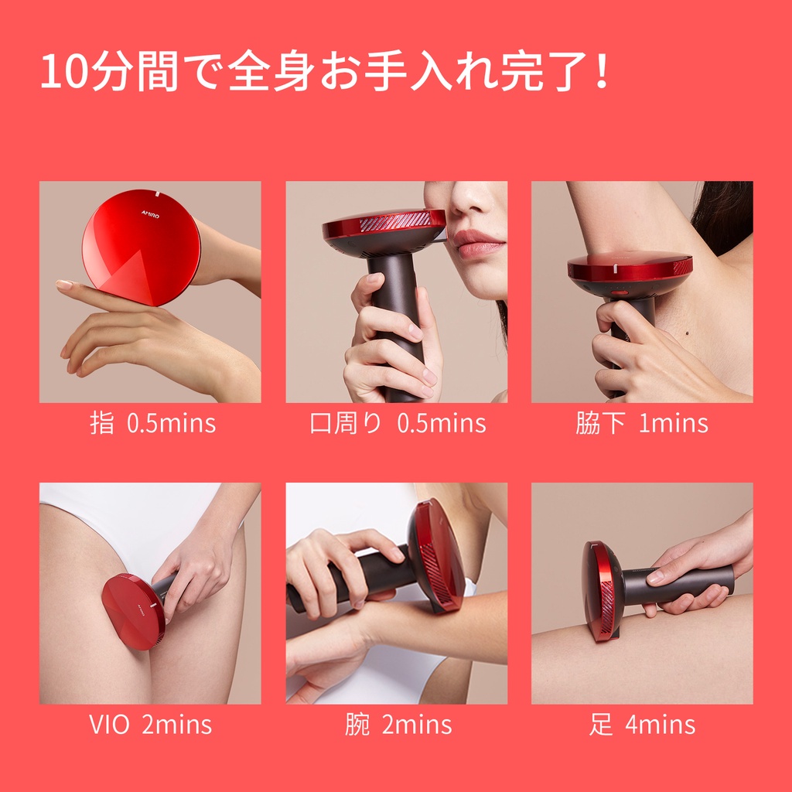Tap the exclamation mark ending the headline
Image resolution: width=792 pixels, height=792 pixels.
[602, 70]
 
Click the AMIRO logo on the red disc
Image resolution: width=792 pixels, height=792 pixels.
[151, 215]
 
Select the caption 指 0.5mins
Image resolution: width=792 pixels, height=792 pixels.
[152, 423]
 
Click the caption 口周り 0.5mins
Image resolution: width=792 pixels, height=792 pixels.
[398, 423]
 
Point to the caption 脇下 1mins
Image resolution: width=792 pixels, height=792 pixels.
[641, 423]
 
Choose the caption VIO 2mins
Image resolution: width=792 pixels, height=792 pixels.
[150, 724]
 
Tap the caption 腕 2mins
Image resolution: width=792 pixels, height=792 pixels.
[398, 724]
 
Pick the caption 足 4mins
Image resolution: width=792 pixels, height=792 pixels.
[642, 724]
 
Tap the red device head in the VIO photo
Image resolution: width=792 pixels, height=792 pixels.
[133, 611]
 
